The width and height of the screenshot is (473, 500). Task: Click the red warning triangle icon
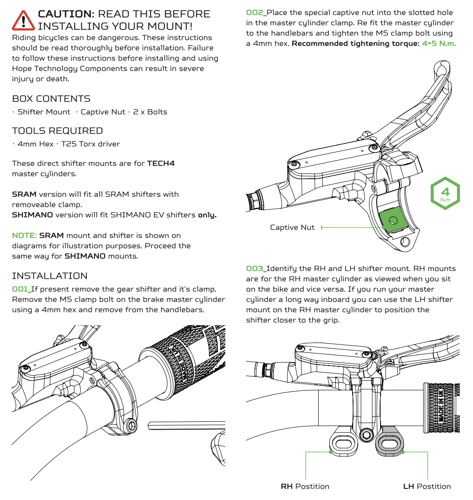[24, 20]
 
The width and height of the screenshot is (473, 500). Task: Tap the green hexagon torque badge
[445, 193]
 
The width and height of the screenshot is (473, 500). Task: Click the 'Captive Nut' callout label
[292, 227]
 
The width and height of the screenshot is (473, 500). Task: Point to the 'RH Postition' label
[305, 486]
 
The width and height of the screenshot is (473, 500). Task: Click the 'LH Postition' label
[427, 486]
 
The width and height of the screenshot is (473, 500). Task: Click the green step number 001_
[21, 289]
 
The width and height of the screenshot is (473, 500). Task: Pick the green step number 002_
[256, 12]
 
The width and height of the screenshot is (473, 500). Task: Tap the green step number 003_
[256, 268]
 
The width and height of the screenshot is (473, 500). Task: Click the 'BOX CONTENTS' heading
[51, 99]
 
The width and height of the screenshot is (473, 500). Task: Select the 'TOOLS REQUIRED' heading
[57, 131]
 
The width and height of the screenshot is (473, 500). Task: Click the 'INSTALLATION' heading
[50, 276]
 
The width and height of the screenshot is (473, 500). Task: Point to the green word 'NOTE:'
[25, 235]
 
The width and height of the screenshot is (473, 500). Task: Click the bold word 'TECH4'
[161, 163]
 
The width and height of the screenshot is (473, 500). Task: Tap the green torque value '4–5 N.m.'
[439, 43]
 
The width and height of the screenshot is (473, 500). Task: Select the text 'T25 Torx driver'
[90, 144]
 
